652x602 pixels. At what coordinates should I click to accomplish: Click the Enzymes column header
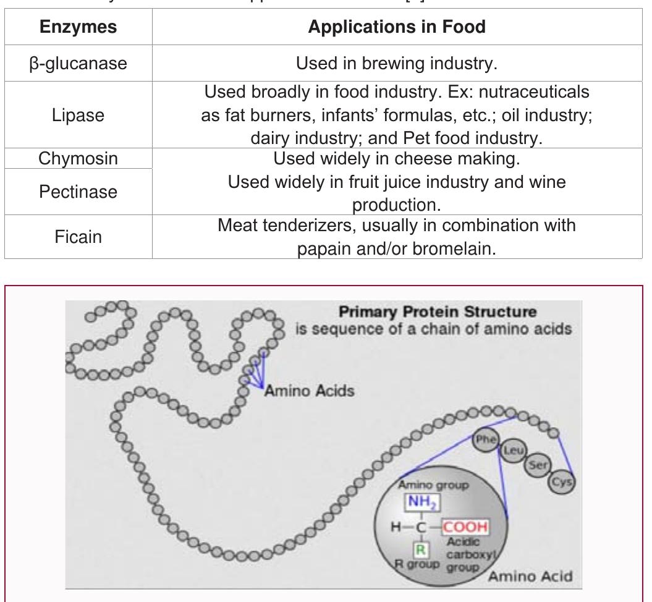click(x=78, y=27)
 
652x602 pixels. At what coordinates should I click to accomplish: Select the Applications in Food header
click(x=397, y=27)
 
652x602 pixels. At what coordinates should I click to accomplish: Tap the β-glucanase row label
click(x=78, y=63)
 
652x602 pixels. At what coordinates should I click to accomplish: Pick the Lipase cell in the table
click(x=78, y=116)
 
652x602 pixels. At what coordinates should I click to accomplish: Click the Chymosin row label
click(x=78, y=159)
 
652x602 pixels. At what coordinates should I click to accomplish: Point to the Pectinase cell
click(x=78, y=192)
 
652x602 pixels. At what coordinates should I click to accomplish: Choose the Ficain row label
click(x=78, y=237)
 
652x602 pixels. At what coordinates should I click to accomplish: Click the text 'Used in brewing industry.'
click(x=397, y=63)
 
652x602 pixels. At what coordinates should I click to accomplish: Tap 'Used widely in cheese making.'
click(x=397, y=159)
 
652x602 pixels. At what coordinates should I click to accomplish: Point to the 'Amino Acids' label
click(x=309, y=391)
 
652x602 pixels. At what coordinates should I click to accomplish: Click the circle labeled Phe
click(x=484, y=440)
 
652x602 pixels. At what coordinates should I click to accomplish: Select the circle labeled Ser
click(x=537, y=465)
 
